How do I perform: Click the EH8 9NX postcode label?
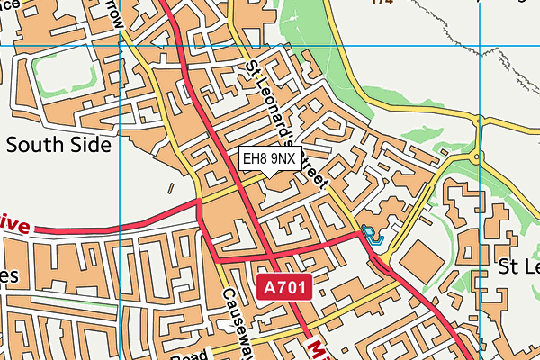[x=270, y=158]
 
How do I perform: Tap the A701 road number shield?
[x=285, y=288]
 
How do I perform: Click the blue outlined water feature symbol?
[x=371, y=236]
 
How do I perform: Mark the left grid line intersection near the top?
[x=120, y=45]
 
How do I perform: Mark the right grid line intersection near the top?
[x=481, y=45]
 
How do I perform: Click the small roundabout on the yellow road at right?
[x=476, y=157]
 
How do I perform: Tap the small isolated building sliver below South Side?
[x=170, y=188]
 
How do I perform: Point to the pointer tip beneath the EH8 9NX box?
[x=270, y=176]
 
